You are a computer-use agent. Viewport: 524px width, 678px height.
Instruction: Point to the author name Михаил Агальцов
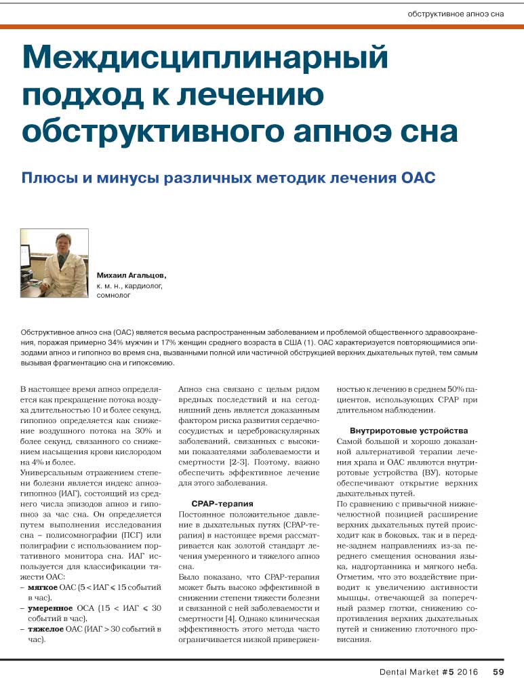(132, 277)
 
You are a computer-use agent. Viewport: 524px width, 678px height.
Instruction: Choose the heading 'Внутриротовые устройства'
(409, 431)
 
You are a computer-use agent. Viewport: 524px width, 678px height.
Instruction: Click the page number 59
(498, 671)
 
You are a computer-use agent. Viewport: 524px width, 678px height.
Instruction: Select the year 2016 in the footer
(468, 671)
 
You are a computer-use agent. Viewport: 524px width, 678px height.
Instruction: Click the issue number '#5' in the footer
(445, 671)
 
